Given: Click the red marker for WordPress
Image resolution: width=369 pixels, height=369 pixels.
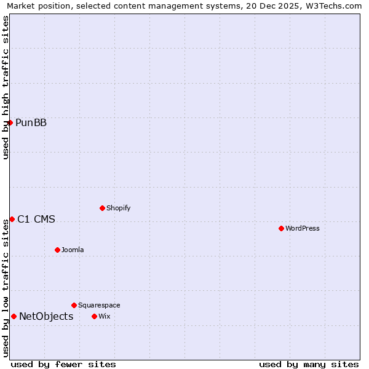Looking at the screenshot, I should click(x=281, y=228).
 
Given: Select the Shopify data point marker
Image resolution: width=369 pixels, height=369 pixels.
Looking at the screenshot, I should click(x=102, y=208).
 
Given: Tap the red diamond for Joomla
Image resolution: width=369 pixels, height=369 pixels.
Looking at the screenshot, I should click(x=57, y=250).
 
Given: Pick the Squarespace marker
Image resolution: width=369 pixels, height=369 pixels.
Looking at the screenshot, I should click(x=74, y=305).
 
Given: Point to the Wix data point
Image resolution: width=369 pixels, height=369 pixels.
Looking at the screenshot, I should click(x=94, y=316).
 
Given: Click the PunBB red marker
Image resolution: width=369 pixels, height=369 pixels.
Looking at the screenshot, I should click(x=10, y=122).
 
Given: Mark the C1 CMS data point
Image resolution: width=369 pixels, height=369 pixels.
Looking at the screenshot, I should click(x=12, y=219).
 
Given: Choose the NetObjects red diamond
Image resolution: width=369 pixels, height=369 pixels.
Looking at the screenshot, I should click(x=14, y=316).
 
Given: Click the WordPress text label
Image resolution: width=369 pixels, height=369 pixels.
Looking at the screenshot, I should click(x=303, y=228).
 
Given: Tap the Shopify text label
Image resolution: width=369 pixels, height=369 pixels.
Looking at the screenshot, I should click(x=119, y=208).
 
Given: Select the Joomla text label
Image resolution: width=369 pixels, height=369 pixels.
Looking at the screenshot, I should click(x=73, y=250).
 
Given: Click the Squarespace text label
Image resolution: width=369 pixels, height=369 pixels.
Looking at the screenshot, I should click(x=99, y=305).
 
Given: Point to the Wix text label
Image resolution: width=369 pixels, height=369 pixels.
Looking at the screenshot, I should click(x=104, y=316).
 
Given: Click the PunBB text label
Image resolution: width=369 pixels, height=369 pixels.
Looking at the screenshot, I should click(x=31, y=122).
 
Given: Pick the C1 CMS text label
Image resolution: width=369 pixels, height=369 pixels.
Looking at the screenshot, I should click(x=36, y=219).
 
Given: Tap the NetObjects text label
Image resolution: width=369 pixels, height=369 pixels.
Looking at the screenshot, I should click(x=46, y=316).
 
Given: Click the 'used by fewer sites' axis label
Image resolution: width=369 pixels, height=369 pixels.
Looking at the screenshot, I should click(x=63, y=364).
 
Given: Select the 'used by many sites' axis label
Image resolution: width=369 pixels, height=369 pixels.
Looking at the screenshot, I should click(x=309, y=364).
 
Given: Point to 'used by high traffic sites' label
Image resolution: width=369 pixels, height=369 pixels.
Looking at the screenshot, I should click(x=6, y=87).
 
